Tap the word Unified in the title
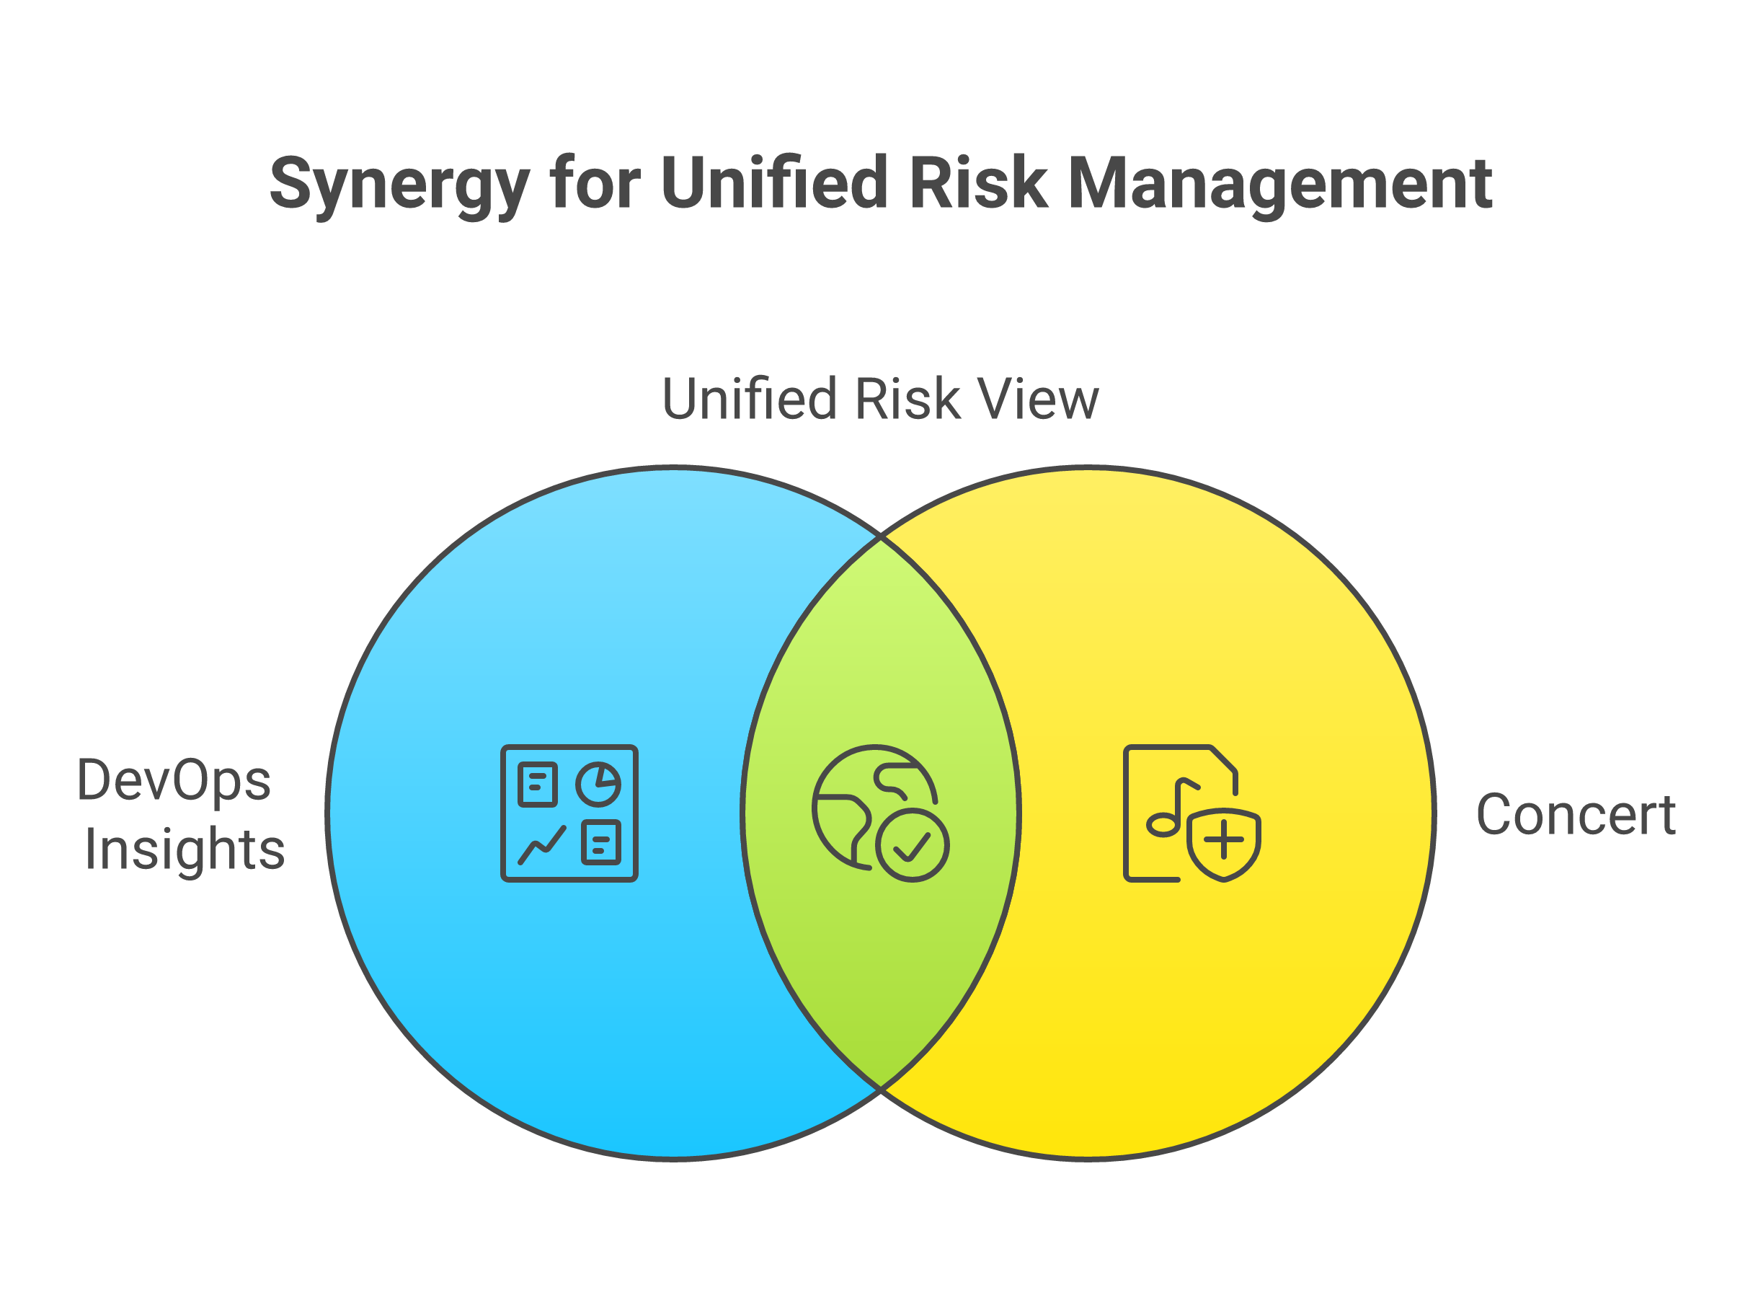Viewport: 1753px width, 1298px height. point(774,182)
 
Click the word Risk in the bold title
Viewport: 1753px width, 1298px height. point(978,182)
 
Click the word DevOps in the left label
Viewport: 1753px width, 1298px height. point(174,782)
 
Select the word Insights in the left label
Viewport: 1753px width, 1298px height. point(185,849)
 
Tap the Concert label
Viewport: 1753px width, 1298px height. point(1576,815)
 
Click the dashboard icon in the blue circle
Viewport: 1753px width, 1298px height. point(569,813)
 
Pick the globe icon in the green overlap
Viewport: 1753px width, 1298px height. point(880,813)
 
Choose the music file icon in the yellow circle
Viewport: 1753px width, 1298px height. point(1192,813)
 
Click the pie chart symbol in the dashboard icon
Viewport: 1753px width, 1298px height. point(598,784)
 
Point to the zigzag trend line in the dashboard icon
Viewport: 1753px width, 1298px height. point(542,845)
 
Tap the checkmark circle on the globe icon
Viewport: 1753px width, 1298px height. point(912,846)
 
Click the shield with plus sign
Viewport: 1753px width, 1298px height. point(1224,844)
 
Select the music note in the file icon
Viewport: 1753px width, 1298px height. point(1173,808)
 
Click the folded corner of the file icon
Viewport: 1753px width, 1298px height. point(1224,759)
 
